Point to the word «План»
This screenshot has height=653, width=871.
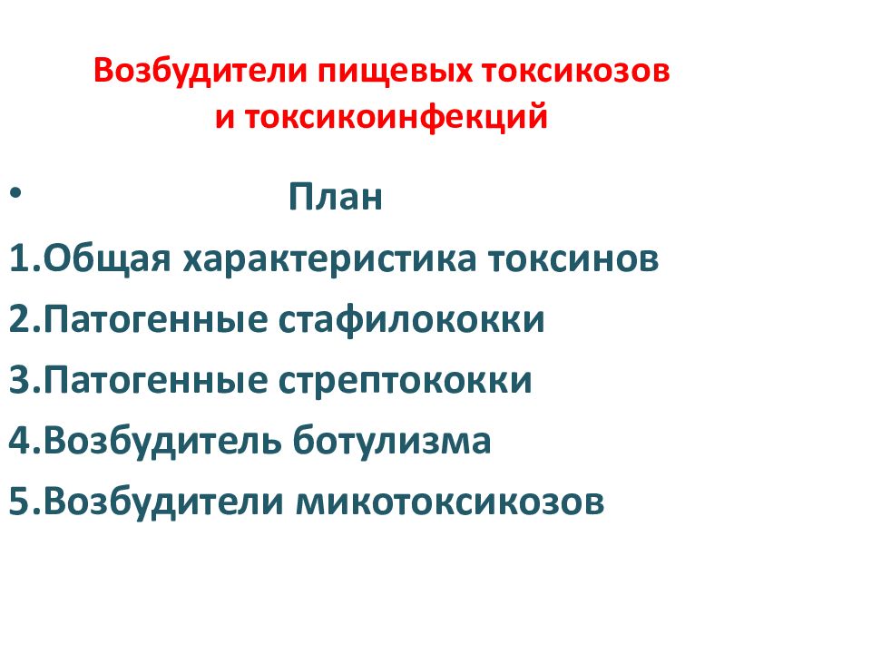click(336, 199)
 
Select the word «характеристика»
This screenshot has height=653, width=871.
click(332, 260)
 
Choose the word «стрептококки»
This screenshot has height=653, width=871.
click(401, 381)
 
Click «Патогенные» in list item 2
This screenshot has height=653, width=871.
click(149, 320)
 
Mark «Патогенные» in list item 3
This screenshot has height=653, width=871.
click(149, 381)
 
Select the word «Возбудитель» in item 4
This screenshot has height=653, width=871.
click(162, 441)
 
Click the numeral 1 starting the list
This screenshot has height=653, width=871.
click(20, 260)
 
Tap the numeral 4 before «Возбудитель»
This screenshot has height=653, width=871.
click(21, 441)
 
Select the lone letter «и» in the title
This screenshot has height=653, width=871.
click(224, 118)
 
